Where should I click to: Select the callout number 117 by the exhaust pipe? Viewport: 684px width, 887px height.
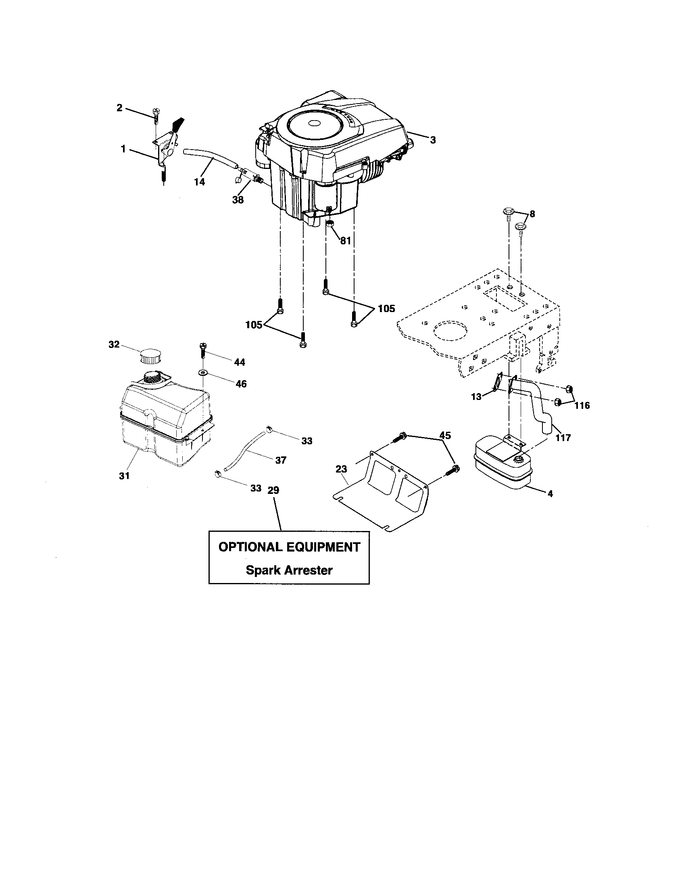tap(563, 438)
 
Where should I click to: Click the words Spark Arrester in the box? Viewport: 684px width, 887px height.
tap(289, 570)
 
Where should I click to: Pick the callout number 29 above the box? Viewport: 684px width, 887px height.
tap(273, 490)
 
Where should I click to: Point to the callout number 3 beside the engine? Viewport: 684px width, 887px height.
tap(433, 140)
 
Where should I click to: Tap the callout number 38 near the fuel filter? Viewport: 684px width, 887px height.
tap(238, 200)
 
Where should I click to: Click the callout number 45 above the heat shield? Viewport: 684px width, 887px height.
tap(445, 435)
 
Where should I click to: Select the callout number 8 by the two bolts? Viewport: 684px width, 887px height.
tap(532, 214)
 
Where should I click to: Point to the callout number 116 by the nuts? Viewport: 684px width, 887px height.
tap(582, 405)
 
